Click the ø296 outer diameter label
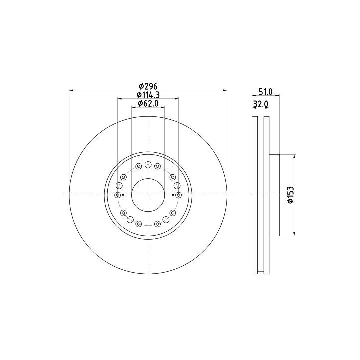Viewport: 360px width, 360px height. [x=148, y=86]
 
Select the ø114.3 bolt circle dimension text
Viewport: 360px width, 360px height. [x=148, y=95]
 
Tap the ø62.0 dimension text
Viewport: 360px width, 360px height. [x=148, y=104]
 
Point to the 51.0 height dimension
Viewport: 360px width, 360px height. [x=266, y=92]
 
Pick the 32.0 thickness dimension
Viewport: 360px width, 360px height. [x=261, y=104]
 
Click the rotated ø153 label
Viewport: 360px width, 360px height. [x=290, y=195]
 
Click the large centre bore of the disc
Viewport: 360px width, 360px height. [x=148, y=195]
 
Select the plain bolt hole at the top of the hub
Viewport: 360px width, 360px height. [x=148, y=165]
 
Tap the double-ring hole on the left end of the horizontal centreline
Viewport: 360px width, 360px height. [x=118, y=195]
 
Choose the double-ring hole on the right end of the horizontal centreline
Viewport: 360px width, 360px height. [x=179, y=195]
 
